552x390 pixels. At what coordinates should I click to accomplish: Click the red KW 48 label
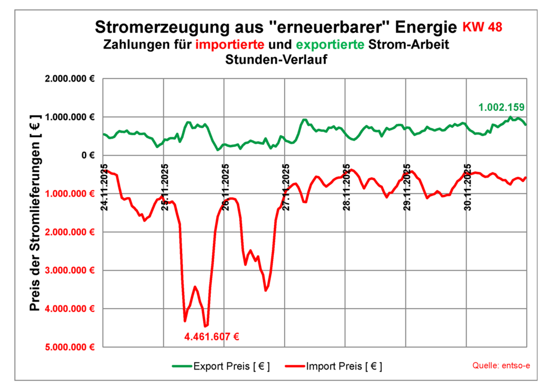tap(484, 26)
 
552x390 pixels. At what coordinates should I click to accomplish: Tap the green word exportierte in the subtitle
tap(329, 44)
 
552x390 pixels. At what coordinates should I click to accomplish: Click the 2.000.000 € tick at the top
tap(71, 79)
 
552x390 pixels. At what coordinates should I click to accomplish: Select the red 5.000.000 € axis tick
tap(71, 347)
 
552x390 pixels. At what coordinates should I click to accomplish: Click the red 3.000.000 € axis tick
tap(71, 270)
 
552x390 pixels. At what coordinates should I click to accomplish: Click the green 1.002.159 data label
tap(501, 107)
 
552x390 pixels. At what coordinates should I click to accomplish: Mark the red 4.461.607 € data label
tap(211, 337)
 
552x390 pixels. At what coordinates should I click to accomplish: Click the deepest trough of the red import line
tap(205, 326)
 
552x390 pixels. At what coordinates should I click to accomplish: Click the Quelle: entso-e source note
tap(501, 366)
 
